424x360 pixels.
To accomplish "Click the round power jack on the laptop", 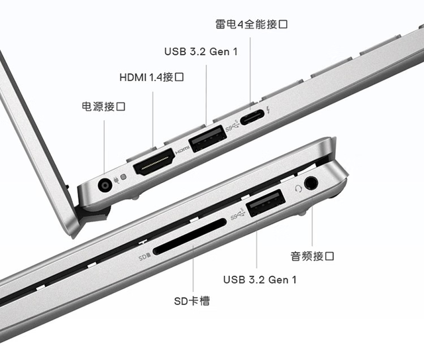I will [x=105, y=185].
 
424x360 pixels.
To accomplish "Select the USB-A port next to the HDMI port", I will [x=208, y=141].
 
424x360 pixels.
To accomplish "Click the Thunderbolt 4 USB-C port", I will [x=251, y=118].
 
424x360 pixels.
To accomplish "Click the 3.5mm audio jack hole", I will [x=310, y=181].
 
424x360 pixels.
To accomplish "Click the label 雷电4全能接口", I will [x=252, y=25].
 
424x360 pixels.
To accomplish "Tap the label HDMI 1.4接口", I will [x=152, y=78].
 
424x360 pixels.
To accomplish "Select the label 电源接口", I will [x=103, y=106].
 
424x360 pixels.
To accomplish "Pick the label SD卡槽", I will [x=192, y=302].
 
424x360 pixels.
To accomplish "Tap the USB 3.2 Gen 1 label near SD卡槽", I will [x=260, y=279].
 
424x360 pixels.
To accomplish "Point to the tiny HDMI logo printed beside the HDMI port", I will [x=182, y=149].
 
